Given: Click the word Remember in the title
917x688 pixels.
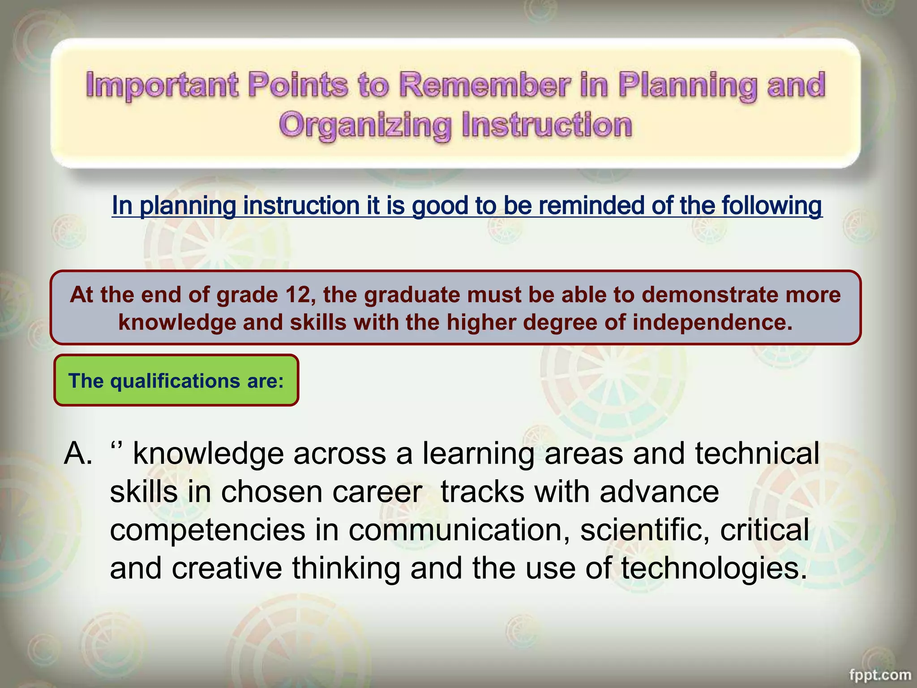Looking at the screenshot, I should [484, 85].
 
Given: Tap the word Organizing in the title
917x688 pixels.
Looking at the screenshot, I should [365, 125].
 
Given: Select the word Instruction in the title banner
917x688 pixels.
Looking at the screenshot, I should [547, 125].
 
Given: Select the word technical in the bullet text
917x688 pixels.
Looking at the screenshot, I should [757, 453].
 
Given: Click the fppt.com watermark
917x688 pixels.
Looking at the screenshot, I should [879, 675].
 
